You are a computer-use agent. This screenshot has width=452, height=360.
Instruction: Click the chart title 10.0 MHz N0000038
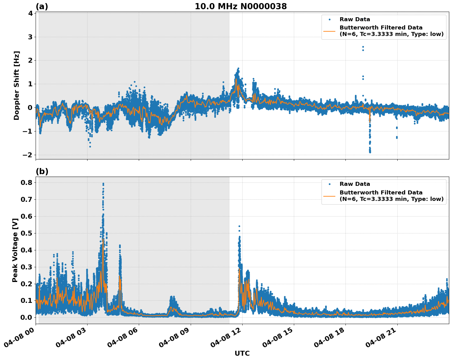pos(241,6)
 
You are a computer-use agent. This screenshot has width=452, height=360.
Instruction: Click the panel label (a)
pos(42,6)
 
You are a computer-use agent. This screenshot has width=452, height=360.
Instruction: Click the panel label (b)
pos(42,171)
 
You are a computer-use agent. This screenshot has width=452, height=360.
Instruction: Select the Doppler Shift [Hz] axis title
pos(17,85)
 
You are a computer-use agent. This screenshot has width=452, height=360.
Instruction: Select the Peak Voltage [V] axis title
pos(15,250)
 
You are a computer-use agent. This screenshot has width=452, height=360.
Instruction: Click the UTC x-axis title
pos(242,353)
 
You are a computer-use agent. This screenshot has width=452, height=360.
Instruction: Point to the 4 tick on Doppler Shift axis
pos(30,13)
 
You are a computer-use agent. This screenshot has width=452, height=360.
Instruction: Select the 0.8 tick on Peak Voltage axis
pos(27,182)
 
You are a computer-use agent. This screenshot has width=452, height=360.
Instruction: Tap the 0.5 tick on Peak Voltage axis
pos(27,233)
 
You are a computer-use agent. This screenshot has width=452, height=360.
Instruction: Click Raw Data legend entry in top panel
pos(355,19)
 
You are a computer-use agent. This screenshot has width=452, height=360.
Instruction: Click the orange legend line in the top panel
pos(329,31)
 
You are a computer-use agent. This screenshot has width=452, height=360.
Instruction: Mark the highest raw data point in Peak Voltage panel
pos(103,184)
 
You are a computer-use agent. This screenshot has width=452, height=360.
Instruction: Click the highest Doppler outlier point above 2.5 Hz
pos(363,47)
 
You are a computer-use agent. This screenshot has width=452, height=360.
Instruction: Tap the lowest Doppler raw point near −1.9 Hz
pos(370,152)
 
